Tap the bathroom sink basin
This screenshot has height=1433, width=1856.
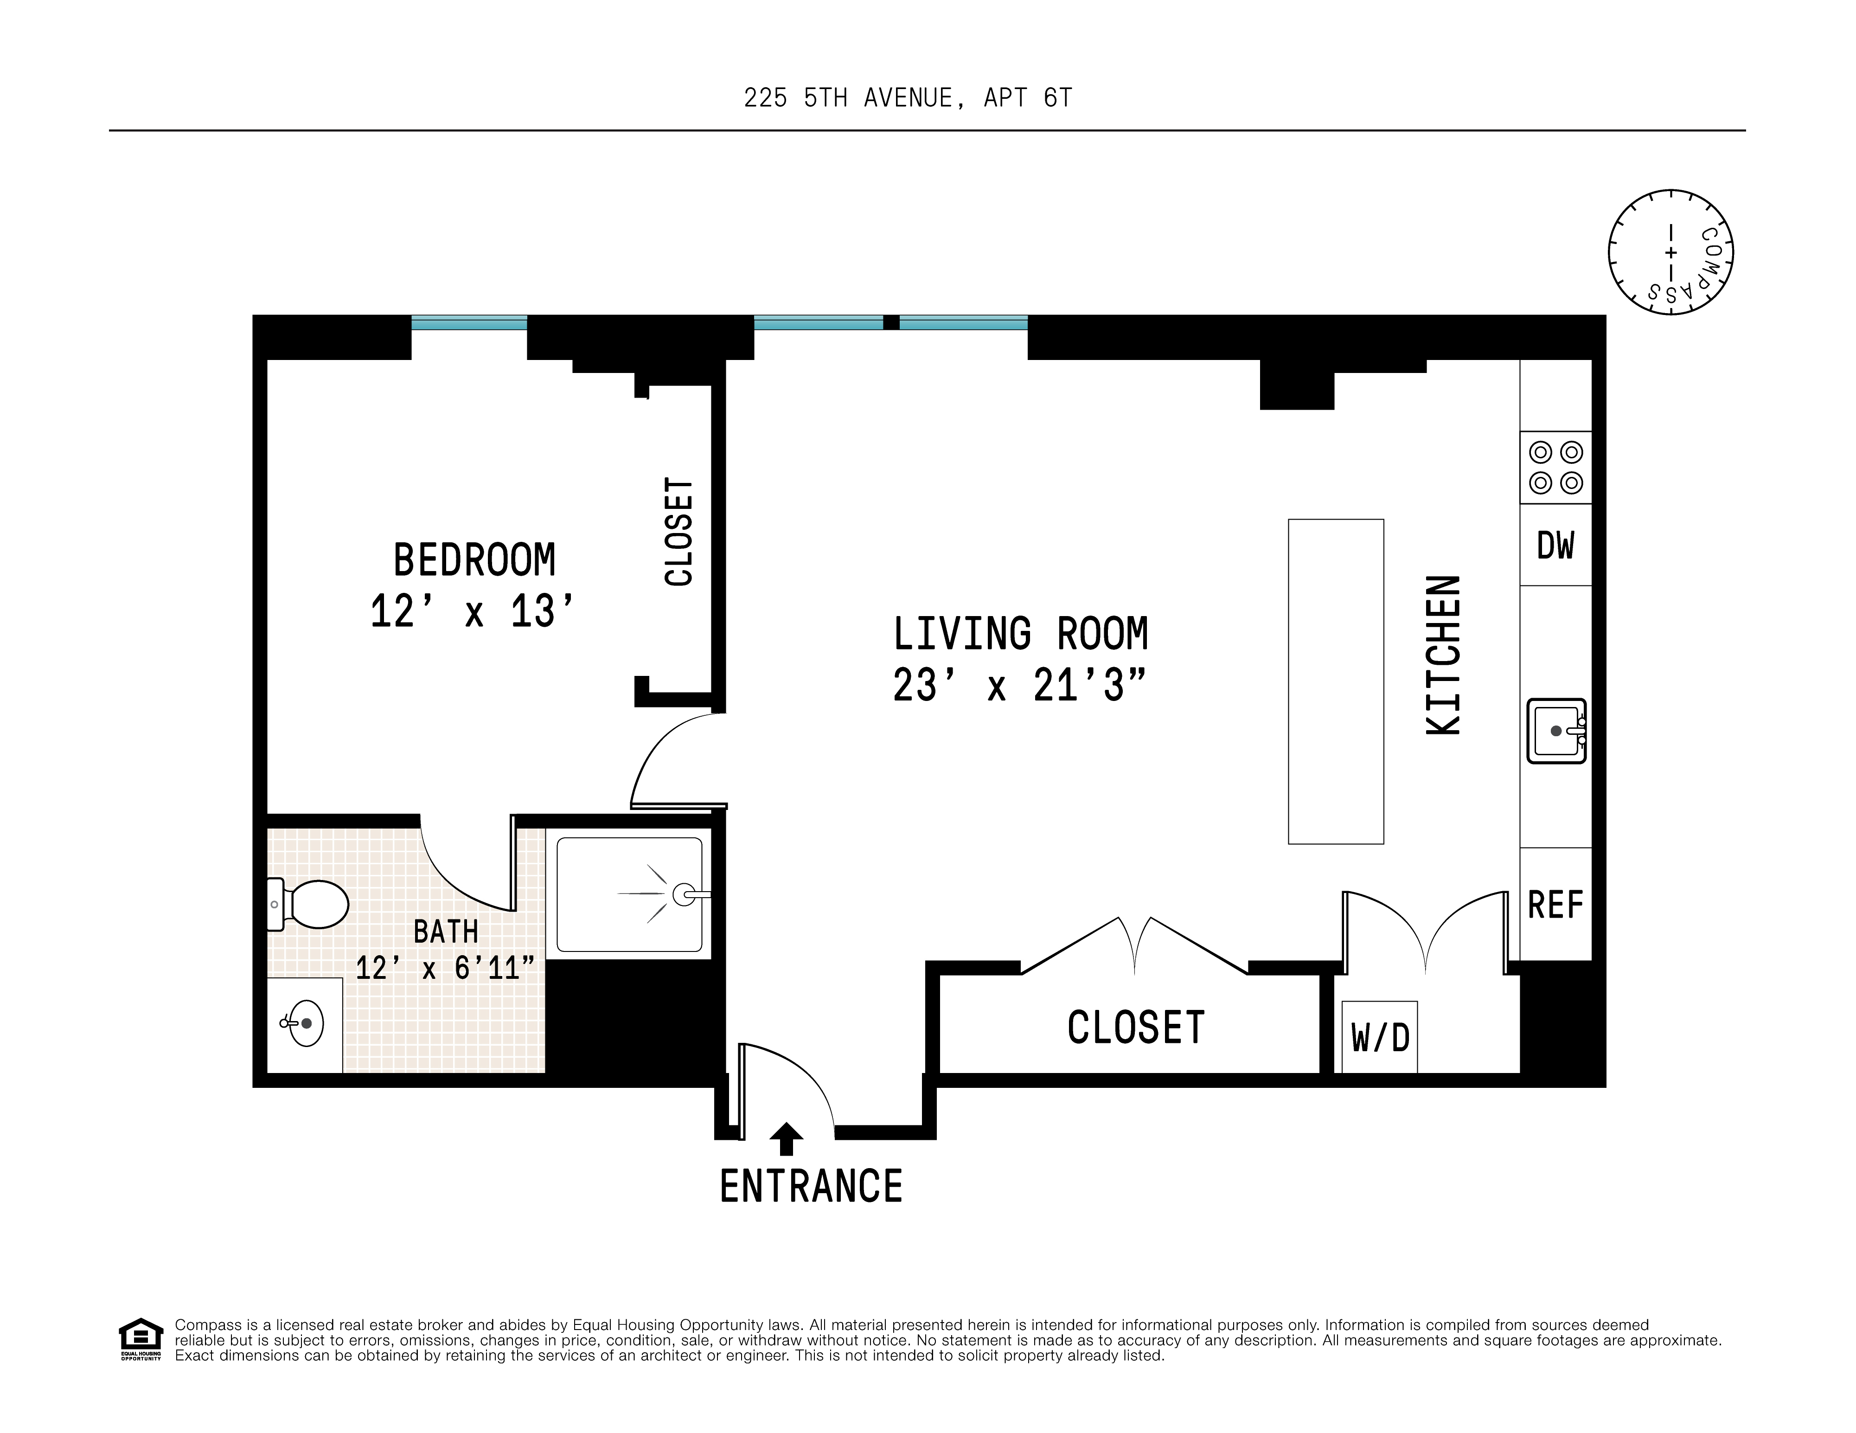tap(302, 1023)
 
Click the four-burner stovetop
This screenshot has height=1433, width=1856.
tap(1556, 468)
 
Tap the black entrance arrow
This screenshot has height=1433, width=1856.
tap(786, 1139)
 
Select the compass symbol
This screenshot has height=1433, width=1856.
tap(1671, 252)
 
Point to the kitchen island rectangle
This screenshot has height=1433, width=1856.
tap(1336, 681)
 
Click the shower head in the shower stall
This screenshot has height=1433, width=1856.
tap(685, 894)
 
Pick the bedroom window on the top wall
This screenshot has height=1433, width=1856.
tap(469, 323)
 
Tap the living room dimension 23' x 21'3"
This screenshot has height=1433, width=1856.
tap(1020, 685)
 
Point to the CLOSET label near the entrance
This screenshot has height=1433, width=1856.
tap(1136, 1028)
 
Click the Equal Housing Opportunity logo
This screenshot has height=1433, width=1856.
tap(140, 1339)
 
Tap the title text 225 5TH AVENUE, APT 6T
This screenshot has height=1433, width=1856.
tap(908, 99)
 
